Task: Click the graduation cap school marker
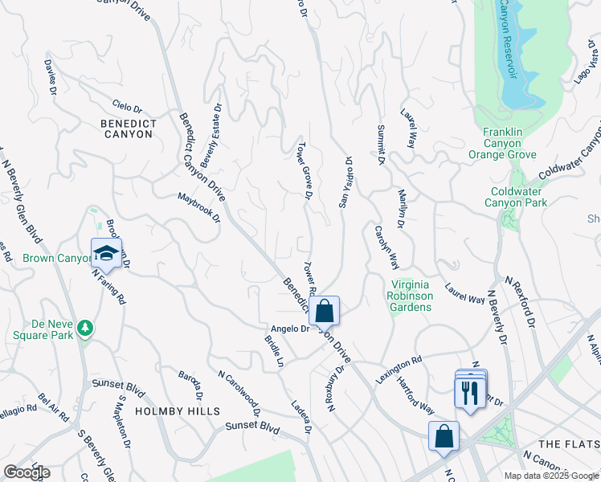click(x=106, y=253)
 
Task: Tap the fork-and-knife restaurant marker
click(x=470, y=390)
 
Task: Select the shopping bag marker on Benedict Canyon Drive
click(x=324, y=310)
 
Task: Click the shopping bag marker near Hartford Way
click(x=444, y=436)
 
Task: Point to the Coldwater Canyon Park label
click(x=515, y=197)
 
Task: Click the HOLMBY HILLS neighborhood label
click(x=177, y=411)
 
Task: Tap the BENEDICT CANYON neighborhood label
click(x=127, y=129)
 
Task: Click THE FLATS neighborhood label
click(x=568, y=444)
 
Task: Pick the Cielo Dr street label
click(x=127, y=108)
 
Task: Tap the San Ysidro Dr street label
click(x=346, y=182)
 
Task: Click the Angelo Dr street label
click(x=290, y=329)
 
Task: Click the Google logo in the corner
click(x=27, y=472)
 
